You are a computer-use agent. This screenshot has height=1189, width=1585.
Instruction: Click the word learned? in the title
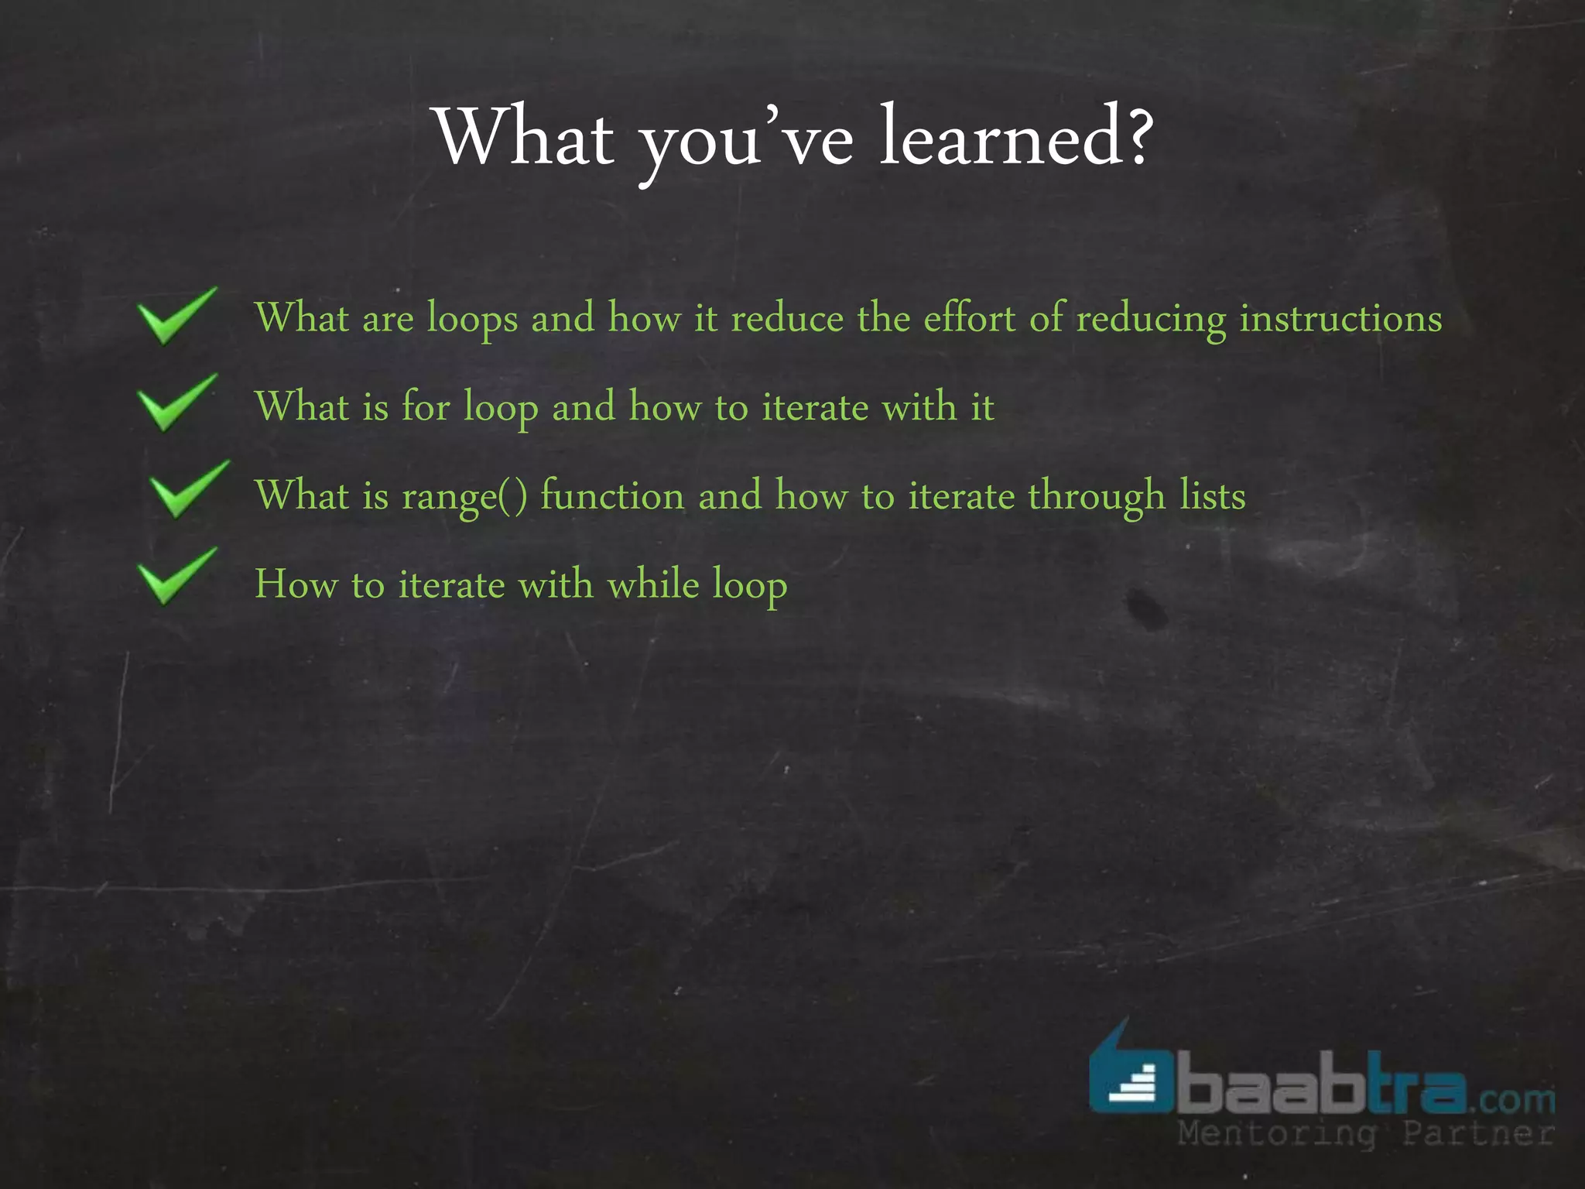click(x=1015, y=137)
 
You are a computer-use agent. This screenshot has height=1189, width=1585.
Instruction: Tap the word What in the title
click(x=526, y=137)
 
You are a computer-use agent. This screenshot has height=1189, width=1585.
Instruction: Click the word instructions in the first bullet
click(x=1340, y=318)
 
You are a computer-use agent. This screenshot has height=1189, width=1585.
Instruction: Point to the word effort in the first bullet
click(x=969, y=318)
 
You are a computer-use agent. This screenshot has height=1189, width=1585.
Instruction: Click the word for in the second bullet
click(x=425, y=406)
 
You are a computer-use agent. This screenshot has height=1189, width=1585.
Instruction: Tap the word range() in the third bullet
click(x=464, y=496)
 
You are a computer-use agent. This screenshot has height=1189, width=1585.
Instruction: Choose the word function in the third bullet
click(x=612, y=495)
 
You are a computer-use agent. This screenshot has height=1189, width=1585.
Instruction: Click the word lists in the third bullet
click(x=1212, y=495)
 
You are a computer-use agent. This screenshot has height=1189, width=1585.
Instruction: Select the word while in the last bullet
click(x=652, y=584)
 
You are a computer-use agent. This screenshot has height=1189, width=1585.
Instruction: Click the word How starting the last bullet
click(x=296, y=584)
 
